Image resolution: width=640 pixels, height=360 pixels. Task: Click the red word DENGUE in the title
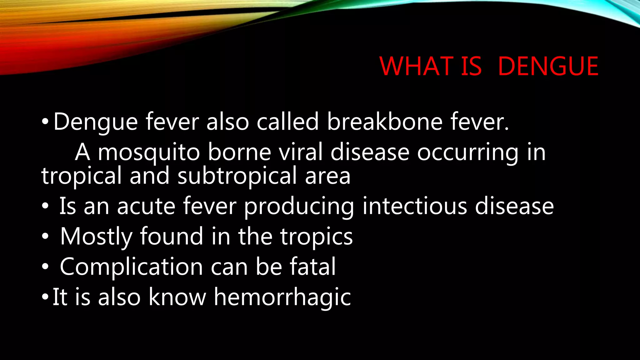tap(548, 66)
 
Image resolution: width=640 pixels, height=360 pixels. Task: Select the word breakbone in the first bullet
tap(385, 122)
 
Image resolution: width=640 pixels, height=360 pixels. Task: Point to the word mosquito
tap(149, 152)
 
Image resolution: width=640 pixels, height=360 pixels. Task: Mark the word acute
tap(146, 206)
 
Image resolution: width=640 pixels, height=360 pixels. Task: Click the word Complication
tap(131, 267)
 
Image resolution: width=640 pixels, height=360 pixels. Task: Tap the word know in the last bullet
tap(177, 297)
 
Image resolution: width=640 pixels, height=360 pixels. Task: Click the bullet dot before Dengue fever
tap(45, 122)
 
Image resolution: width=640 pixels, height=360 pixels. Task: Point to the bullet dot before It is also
tap(45, 297)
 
